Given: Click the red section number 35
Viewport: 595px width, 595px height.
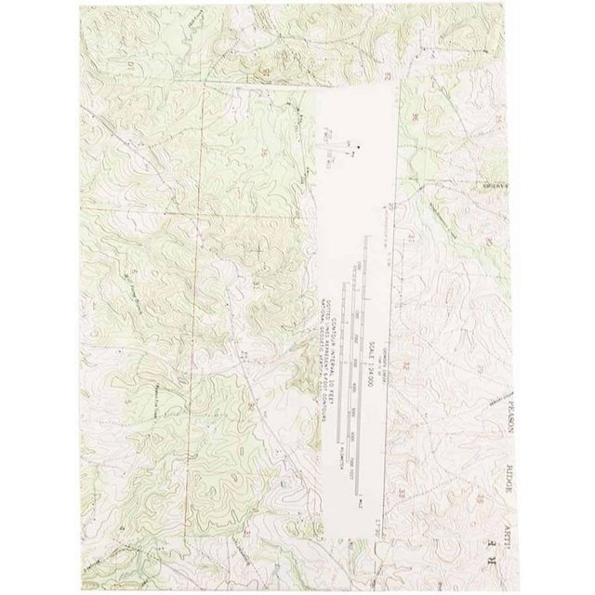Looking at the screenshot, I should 267,149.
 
